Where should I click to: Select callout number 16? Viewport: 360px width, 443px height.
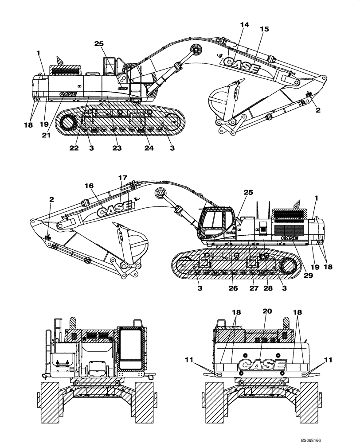(x=89, y=186)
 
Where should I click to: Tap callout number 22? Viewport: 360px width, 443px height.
(x=74, y=148)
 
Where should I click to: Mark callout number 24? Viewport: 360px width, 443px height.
(x=149, y=148)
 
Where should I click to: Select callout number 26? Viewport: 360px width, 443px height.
(x=233, y=288)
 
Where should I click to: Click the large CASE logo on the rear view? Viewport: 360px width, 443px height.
(x=262, y=365)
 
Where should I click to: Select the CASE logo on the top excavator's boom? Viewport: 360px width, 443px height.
(x=242, y=66)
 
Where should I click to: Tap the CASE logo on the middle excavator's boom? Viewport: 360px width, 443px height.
(x=115, y=210)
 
